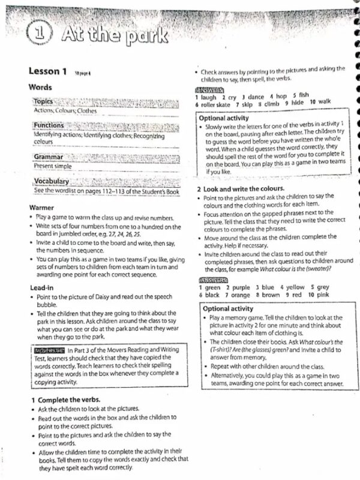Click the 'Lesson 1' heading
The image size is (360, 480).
coord(47,71)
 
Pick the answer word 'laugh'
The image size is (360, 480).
coord(208,97)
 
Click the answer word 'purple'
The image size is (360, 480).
coord(236,287)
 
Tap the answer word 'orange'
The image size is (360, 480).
coord(238,295)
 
